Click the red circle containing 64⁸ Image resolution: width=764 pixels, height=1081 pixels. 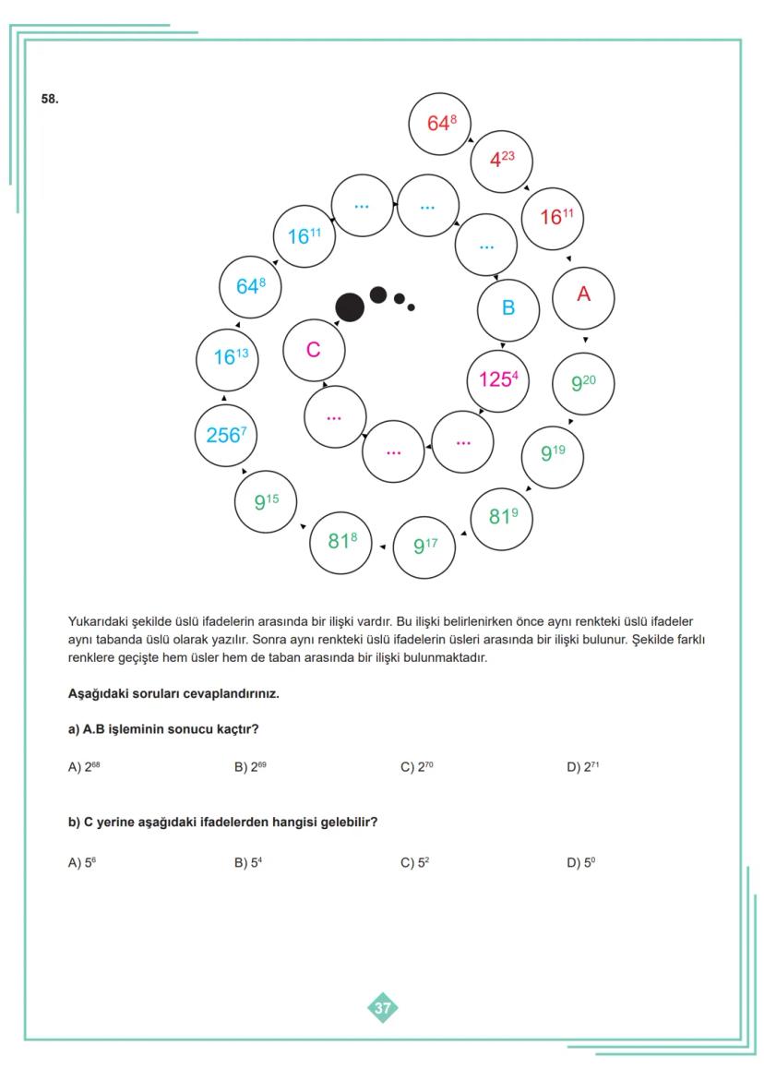[x=440, y=123]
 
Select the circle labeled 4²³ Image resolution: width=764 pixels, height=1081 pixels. [x=501, y=161]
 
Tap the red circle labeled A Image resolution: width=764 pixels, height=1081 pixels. [x=583, y=295]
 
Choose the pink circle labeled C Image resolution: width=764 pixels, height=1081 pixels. [x=314, y=350]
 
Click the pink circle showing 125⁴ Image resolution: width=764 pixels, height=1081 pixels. [x=498, y=379]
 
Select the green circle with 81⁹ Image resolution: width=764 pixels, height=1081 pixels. [x=502, y=516]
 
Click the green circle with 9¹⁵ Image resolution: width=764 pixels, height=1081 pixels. [x=266, y=502]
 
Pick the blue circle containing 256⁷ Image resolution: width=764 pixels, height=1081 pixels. [x=226, y=435]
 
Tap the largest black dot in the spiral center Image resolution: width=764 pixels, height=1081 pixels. [x=350, y=306]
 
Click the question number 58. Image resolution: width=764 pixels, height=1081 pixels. [x=50, y=99]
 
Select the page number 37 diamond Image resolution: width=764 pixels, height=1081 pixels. [x=382, y=1008]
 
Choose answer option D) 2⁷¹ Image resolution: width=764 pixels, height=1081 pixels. [x=583, y=766]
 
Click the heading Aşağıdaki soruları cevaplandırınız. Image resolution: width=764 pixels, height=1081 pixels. [x=173, y=692]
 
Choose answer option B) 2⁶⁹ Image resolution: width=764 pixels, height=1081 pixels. [x=250, y=766]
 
